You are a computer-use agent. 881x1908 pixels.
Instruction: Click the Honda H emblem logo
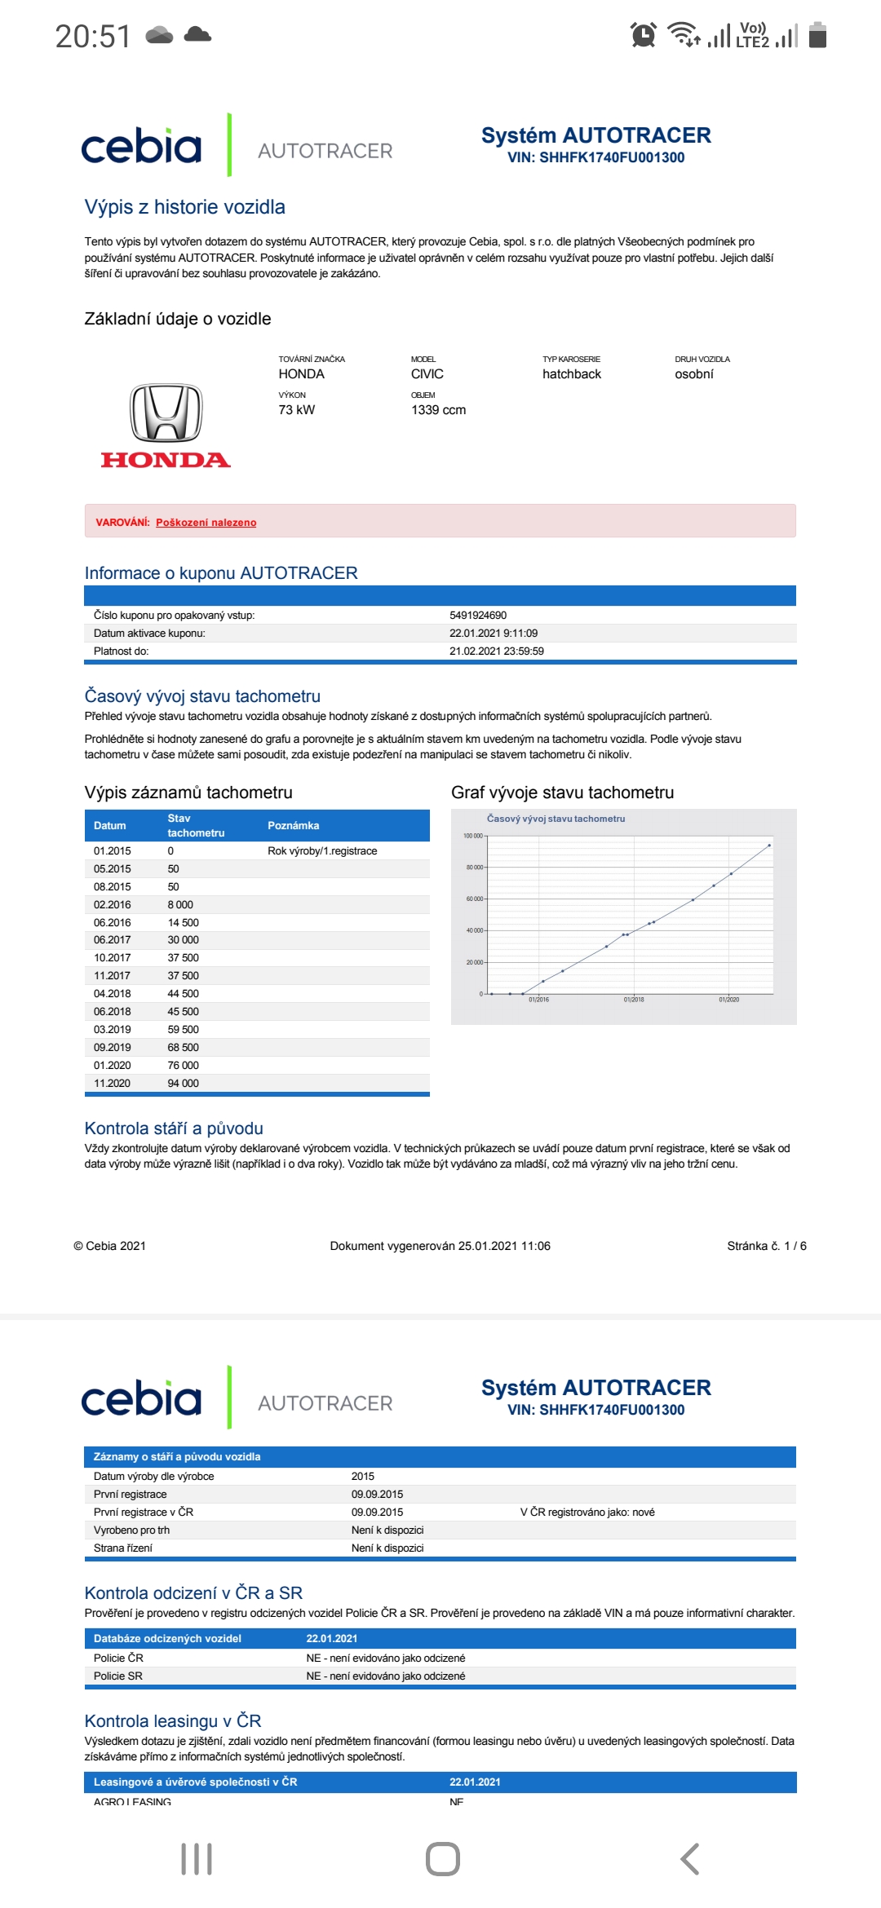(166, 413)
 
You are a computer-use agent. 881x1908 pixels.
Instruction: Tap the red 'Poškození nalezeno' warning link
(206, 523)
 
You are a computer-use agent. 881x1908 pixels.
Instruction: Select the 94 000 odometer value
(183, 1083)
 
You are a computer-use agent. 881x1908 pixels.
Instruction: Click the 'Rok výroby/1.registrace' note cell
(322, 850)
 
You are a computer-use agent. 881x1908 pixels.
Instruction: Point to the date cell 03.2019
(112, 1029)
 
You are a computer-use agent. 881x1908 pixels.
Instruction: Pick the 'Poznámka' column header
(293, 825)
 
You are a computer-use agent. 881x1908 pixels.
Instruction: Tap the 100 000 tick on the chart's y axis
(472, 836)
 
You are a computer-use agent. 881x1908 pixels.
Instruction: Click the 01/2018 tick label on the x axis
(634, 1000)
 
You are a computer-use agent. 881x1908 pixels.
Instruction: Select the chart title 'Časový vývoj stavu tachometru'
(556, 819)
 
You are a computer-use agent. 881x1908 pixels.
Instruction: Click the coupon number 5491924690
(478, 616)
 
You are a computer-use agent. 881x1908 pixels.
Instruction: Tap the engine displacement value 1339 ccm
(438, 410)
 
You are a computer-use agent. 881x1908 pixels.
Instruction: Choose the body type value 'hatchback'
(571, 374)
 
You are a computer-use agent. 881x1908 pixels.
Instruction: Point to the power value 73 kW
(296, 410)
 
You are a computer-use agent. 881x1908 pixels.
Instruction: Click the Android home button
(442, 1859)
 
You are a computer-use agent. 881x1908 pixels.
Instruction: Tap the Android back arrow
(689, 1859)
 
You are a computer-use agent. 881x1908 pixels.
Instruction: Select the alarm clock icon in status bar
(644, 36)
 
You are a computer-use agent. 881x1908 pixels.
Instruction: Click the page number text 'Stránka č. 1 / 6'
(766, 1246)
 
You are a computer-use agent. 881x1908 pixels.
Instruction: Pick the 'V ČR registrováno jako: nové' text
(587, 1513)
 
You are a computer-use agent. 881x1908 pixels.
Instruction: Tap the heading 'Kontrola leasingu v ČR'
(173, 1721)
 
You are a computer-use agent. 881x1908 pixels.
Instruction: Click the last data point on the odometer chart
(769, 846)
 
